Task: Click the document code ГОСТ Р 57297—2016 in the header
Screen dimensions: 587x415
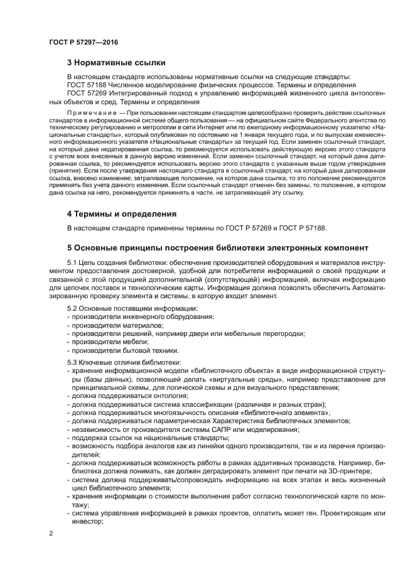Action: click(84, 42)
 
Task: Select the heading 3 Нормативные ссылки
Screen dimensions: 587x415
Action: click(116, 62)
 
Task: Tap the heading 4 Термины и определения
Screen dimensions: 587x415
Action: click(121, 214)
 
